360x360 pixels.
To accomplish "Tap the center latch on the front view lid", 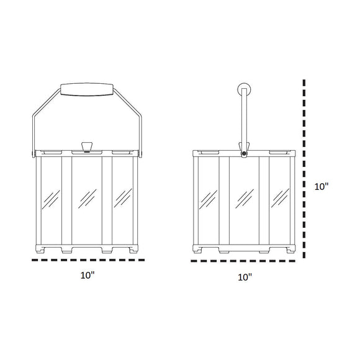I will coord(87,147).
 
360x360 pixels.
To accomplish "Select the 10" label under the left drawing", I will coord(88,274).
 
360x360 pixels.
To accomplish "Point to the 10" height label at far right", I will coord(321,186).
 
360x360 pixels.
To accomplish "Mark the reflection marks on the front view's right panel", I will coord(124,197).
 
